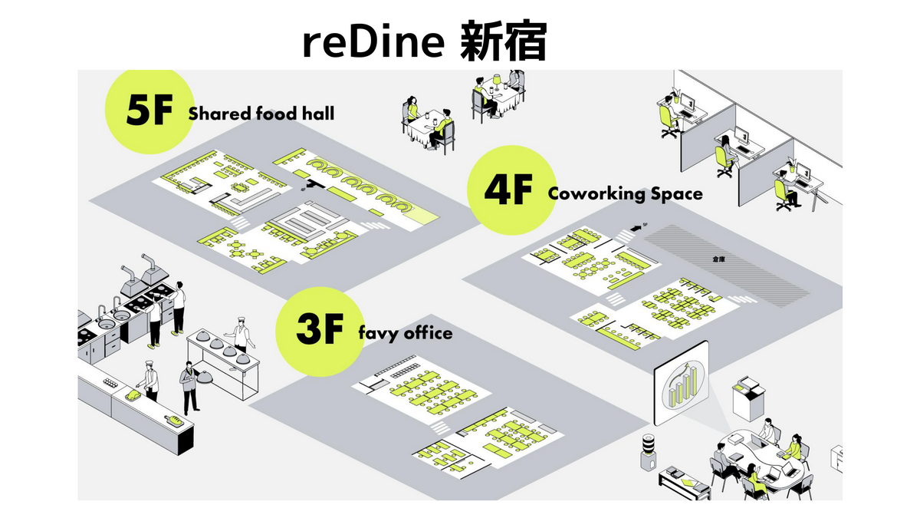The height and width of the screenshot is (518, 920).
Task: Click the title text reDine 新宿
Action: [x=424, y=43]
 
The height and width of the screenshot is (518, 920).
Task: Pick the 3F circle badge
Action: [x=317, y=330]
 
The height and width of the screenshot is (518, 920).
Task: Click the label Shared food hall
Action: [x=261, y=114]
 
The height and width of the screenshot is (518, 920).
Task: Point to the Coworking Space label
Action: [x=625, y=193]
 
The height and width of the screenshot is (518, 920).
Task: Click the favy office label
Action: [x=405, y=334]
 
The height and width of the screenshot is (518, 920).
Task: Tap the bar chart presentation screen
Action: [x=681, y=383]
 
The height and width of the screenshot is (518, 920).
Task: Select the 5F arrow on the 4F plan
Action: [x=637, y=228]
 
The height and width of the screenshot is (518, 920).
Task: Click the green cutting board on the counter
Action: [x=135, y=395]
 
